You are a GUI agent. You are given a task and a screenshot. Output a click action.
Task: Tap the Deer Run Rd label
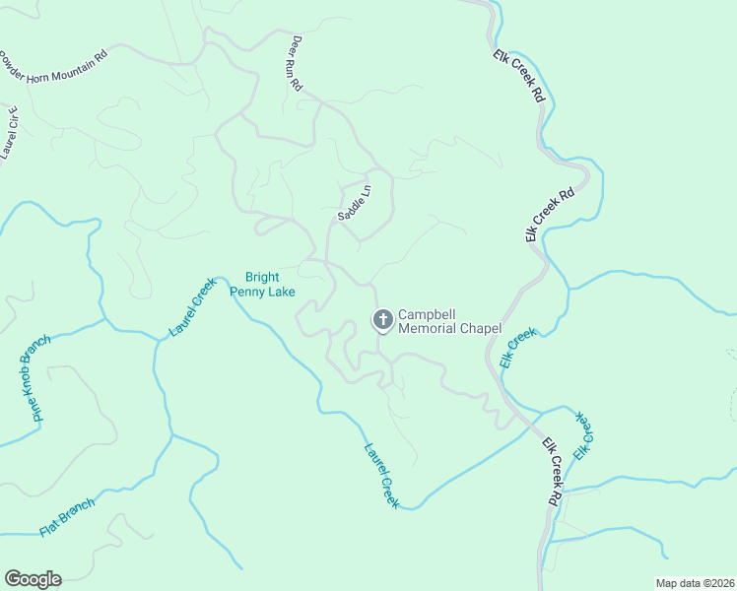pos(296,64)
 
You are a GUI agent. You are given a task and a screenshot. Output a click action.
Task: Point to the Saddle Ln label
pos(355,202)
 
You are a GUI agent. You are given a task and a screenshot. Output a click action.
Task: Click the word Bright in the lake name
pos(262,277)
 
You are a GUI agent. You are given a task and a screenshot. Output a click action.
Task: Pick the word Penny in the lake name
pos(247,291)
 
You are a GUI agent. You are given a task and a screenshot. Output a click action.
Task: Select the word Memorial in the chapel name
pos(428,328)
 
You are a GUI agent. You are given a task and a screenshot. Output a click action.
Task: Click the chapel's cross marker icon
pos(381,319)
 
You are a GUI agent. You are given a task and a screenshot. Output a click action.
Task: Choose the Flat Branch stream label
pos(66,519)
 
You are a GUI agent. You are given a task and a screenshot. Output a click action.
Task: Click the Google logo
pos(33,579)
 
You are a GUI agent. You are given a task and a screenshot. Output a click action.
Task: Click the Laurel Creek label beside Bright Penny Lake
pos(192,307)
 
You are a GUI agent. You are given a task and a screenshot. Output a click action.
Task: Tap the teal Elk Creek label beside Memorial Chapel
pos(517,348)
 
